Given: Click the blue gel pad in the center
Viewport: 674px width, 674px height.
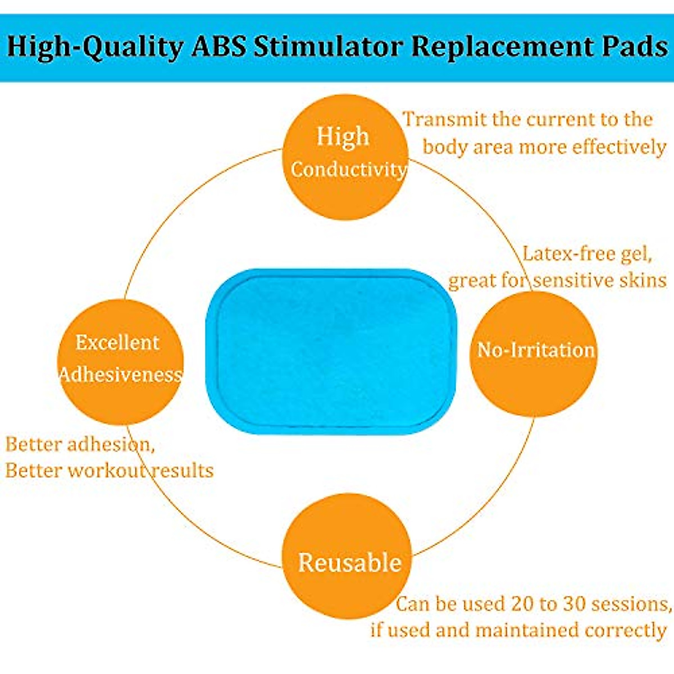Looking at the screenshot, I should click(331, 351).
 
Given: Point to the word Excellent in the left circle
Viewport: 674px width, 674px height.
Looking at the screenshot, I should click(117, 343).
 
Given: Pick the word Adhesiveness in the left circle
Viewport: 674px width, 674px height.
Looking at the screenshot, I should click(121, 375).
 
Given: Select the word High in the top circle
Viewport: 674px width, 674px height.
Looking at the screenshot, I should click(343, 137).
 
